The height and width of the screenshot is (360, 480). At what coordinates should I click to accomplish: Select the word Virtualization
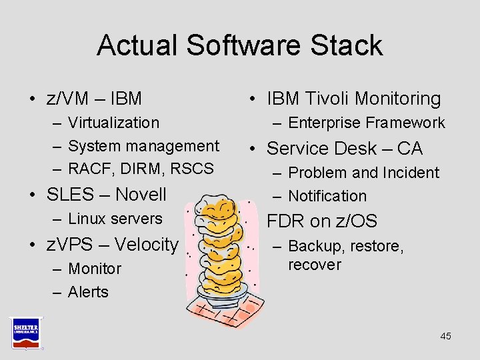[114, 123]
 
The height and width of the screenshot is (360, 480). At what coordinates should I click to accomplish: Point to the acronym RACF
[89, 169]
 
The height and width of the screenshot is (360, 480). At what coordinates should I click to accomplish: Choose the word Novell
[141, 195]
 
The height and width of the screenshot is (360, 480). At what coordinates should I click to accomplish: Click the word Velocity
[146, 245]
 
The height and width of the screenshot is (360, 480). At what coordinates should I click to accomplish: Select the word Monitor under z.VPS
[95, 269]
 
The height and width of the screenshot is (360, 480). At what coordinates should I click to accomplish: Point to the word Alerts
[88, 292]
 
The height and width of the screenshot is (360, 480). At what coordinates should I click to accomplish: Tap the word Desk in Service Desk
[357, 149]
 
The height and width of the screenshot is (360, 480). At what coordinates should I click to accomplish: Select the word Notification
[327, 196]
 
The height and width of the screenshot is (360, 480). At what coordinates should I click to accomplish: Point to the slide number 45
[445, 336]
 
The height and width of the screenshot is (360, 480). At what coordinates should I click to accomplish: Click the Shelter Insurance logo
[26, 331]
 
